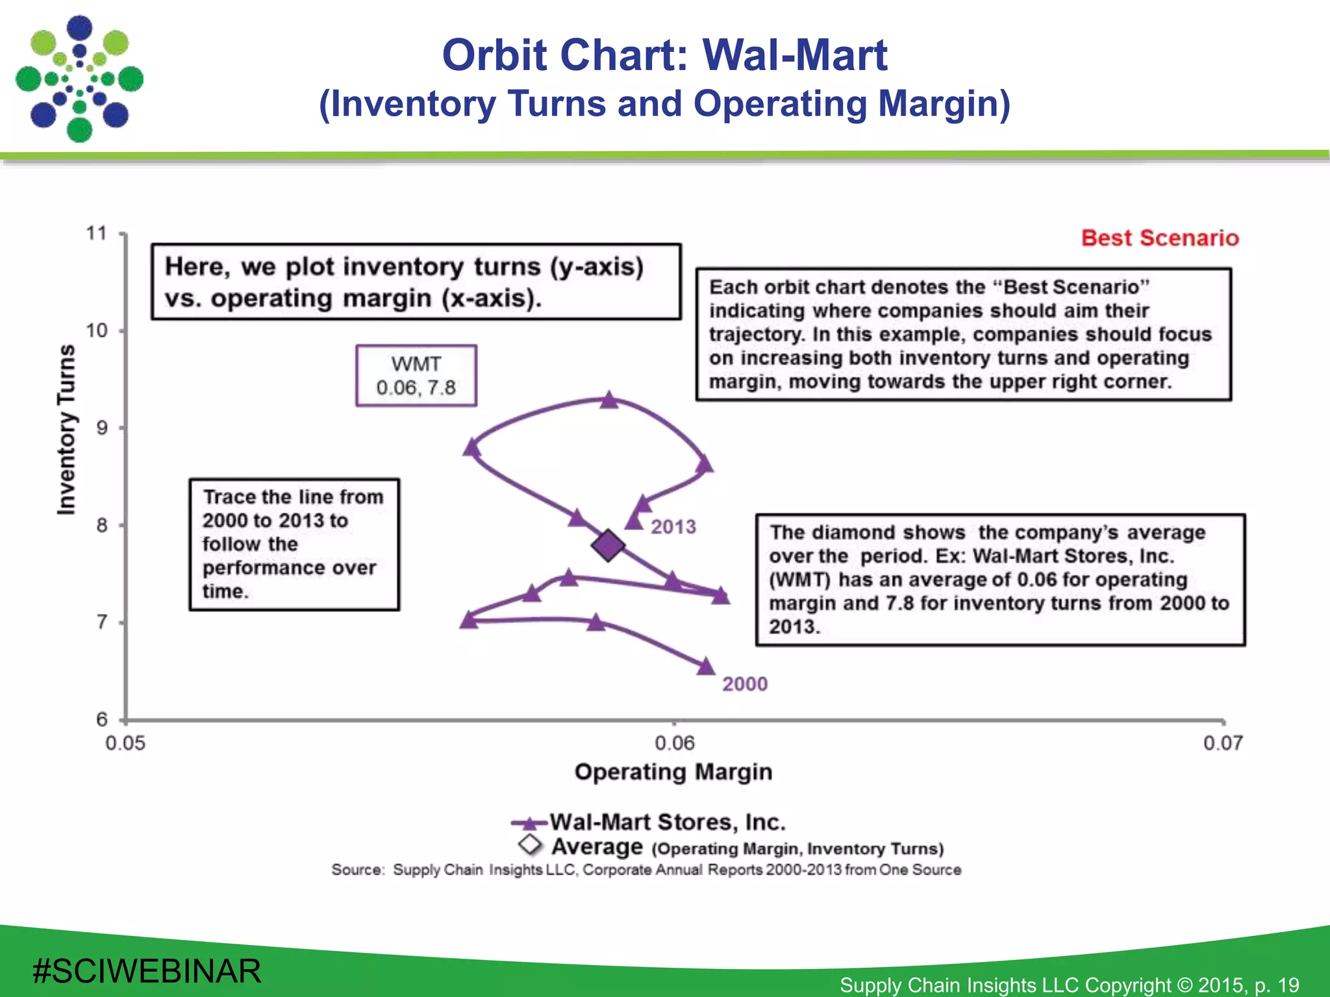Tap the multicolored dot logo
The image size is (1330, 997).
[x=79, y=79]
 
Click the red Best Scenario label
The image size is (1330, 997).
[x=1160, y=238]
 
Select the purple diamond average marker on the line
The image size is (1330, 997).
[x=608, y=545]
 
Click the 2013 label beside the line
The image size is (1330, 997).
[x=673, y=526]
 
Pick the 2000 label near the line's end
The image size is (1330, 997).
[x=745, y=683]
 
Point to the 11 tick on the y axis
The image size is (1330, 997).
[x=97, y=233]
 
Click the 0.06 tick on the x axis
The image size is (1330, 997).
[x=674, y=743]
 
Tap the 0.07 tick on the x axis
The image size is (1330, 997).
[x=1223, y=743]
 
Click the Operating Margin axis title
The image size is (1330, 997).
[x=673, y=772]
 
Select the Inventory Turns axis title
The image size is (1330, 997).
[x=66, y=430]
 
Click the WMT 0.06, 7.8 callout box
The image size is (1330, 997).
[x=416, y=376]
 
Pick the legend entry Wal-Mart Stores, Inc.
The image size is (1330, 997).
[x=668, y=822]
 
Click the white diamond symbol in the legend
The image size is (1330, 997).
[x=531, y=844]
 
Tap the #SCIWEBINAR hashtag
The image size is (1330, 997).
[x=147, y=971]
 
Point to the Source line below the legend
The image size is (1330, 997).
[x=646, y=870]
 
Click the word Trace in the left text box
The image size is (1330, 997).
[x=229, y=497]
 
